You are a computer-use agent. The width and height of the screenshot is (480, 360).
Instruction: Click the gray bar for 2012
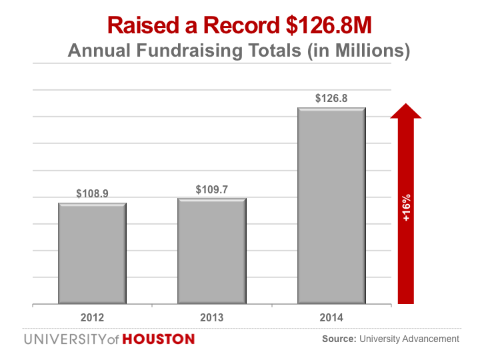pos(92,253)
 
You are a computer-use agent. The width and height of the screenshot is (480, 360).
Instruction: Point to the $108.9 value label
pos(92,193)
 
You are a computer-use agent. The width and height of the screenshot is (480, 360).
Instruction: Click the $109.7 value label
pos(211,189)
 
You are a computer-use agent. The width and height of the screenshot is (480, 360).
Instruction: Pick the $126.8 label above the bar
pos(331,99)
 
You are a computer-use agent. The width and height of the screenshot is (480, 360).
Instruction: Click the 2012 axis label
pos(92,317)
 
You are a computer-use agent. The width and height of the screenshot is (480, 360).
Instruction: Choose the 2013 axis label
pos(211,317)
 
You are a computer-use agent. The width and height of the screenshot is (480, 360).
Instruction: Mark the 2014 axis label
pos(331,317)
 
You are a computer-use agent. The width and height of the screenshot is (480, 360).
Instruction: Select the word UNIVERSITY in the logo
pos(64,339)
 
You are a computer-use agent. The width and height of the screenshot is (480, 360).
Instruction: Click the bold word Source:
pos(339,339)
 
